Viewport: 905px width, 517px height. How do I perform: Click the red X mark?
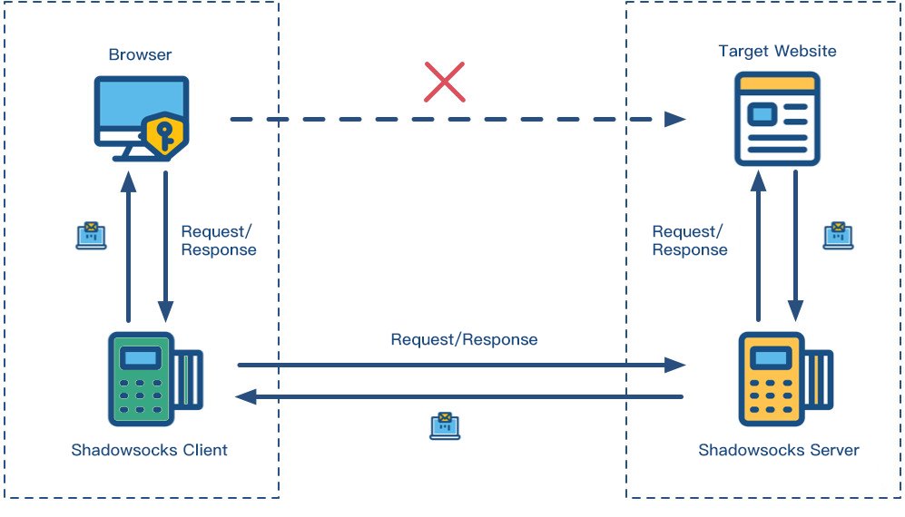coord(445,82)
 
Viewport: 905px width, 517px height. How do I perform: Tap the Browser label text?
coord(141,54)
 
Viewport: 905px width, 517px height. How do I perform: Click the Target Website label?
coord(777,51)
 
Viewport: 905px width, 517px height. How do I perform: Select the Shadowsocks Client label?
coord(149,450)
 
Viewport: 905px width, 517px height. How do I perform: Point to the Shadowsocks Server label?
coord(778,450)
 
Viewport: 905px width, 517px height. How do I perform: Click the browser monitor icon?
coord(136,116)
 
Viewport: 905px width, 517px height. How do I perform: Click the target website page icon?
coord(777,118)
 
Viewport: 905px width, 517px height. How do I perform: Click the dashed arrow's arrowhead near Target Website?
coord(674,119)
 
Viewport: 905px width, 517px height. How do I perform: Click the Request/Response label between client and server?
coord(464,340)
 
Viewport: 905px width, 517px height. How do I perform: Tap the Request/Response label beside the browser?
coord(219,240)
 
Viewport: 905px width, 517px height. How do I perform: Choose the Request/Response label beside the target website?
coord(690,240)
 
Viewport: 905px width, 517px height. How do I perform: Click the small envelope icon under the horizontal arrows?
coord(445,425)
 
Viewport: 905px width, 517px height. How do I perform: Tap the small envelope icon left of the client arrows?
coord(91,235)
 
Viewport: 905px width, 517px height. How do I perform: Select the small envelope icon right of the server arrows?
coord(838,235)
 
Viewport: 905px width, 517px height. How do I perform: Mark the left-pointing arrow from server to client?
coord(463,396)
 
